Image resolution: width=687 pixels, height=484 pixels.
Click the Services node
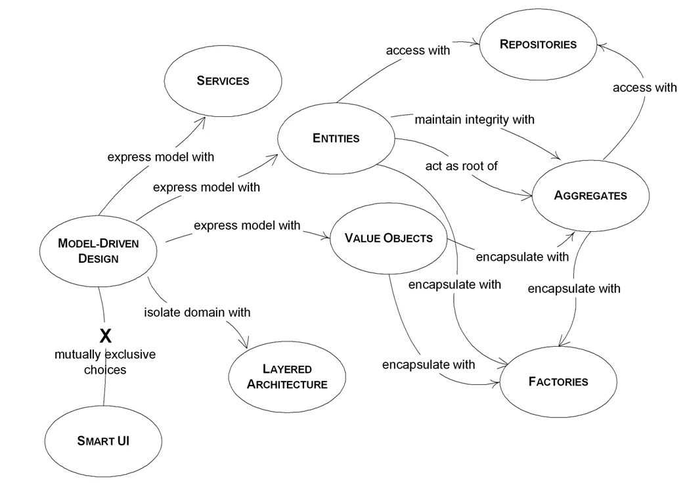[223, 81]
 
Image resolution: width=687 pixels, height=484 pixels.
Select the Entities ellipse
[336, 138]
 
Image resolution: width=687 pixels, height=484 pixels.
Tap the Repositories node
[537, 45]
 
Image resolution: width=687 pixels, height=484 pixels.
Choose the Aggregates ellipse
[590, 195]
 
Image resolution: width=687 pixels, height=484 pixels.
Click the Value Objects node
[389, 238]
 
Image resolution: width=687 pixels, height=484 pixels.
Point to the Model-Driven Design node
[99, 250]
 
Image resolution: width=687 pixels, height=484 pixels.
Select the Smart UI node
[103, 441]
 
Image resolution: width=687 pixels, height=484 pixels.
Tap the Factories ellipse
[558, 382]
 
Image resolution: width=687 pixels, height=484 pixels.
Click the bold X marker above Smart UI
[105, 337]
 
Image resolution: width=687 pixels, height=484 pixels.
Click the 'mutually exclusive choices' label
[105, 362]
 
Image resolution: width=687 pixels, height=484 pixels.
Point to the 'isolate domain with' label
[197, 312]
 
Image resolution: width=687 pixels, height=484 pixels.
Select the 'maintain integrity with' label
[474, 120]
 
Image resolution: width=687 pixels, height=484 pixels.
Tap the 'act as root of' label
[461, 165]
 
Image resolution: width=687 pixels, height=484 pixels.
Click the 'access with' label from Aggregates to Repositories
[644, 87]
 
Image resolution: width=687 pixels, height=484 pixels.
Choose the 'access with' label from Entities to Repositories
[418, 50]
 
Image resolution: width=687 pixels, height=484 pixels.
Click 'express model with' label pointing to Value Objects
[247, 225]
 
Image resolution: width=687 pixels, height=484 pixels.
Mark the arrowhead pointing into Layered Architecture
[246, 345]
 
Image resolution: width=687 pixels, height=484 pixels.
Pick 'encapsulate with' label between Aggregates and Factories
[573, 288]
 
